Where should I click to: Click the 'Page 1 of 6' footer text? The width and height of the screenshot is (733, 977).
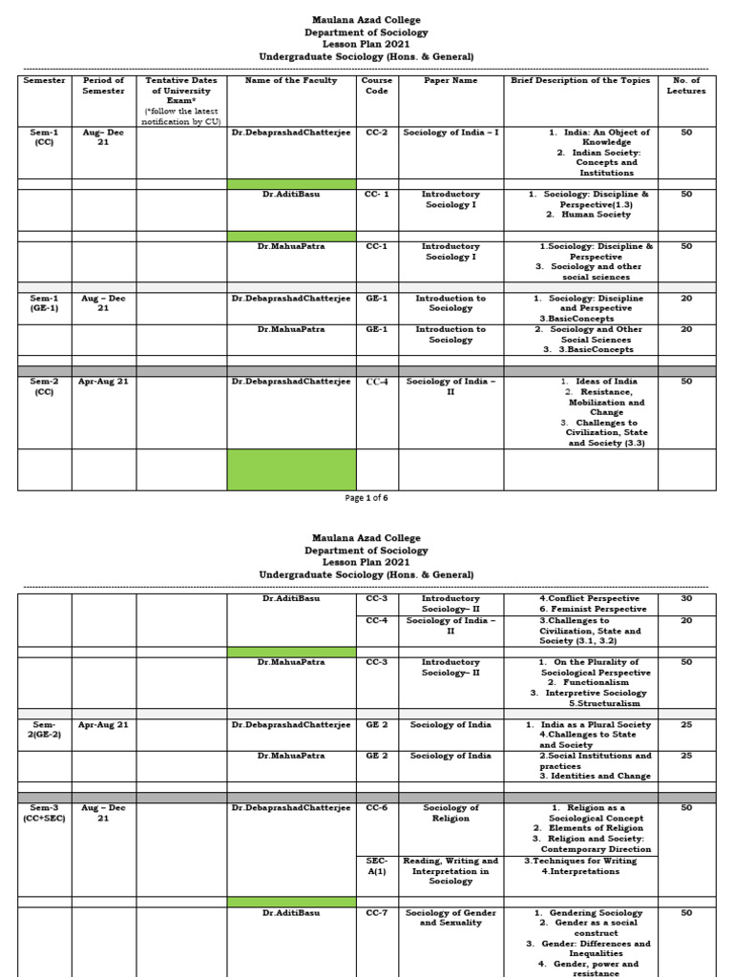click(x=366, y=497)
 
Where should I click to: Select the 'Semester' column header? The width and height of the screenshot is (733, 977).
click(x=44, y=81)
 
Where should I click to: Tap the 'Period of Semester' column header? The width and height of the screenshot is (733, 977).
click(x=103, y=86)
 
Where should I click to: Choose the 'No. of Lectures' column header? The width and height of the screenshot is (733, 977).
click(x=686, y=86)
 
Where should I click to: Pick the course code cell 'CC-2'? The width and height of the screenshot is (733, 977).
click(x=376, y=133)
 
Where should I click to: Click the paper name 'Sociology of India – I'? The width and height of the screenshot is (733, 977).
click(x=450, y=133)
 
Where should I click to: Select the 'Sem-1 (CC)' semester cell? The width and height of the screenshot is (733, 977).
click(x=44, y=137)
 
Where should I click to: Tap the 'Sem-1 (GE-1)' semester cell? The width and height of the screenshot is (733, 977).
click(x=44, y=303)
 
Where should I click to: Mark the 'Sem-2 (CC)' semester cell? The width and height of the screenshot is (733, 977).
click(x=44, y=386)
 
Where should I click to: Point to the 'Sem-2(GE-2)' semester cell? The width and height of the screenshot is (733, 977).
click(x=44, y=730)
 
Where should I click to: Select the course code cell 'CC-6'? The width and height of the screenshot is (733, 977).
click(x=376, y=808)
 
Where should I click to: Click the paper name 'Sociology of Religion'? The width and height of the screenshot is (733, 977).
click(x=450, y=813)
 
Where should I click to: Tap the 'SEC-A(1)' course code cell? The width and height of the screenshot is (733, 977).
click(x=376, y=866)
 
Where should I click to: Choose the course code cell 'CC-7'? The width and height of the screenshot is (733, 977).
click(x=376, y=913)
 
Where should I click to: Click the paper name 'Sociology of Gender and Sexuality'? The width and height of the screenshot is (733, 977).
click(x=450, y=918)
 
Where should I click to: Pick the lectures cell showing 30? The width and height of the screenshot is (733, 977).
click(x=686, y=599)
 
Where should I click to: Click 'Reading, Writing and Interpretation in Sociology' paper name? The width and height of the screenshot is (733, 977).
click(x=450, y=871)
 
